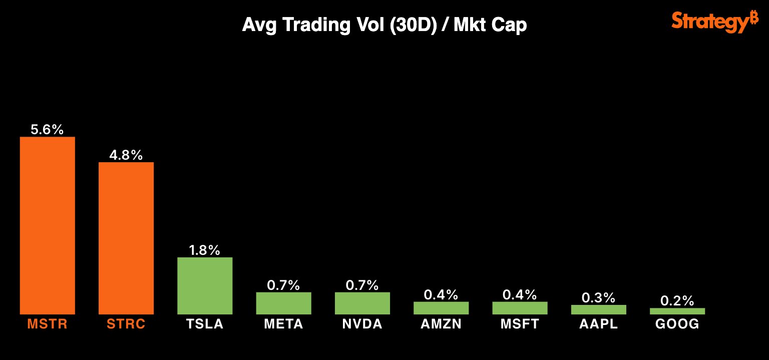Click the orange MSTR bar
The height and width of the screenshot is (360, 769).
point(47,225)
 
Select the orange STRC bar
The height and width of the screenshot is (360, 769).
point(126,238)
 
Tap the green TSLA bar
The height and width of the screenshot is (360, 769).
point(205,285)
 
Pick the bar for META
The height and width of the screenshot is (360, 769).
point(283,303)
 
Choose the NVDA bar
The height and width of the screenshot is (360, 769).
point(362,303)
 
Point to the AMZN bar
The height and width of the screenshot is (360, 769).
point(441,308)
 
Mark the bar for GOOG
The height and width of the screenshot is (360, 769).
point(677,311)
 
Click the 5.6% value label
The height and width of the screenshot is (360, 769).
point(47,130)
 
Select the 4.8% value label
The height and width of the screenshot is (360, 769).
point(126,155)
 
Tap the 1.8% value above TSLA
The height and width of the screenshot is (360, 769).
point(205,250)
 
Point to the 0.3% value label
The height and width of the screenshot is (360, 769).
point(598,298)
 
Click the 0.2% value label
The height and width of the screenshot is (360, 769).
point(677,301)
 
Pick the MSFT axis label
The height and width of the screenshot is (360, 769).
point(520,324)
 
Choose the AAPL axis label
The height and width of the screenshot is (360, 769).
point(598,324)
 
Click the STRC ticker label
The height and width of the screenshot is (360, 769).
point(126,324)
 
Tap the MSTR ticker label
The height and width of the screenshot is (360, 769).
point(47,324)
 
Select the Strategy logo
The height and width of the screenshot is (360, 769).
point(715,22)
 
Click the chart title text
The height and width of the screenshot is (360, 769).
point(384,25)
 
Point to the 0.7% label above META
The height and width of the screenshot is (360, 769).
point(283,285)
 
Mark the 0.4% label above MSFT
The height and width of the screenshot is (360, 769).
point(520,295)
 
